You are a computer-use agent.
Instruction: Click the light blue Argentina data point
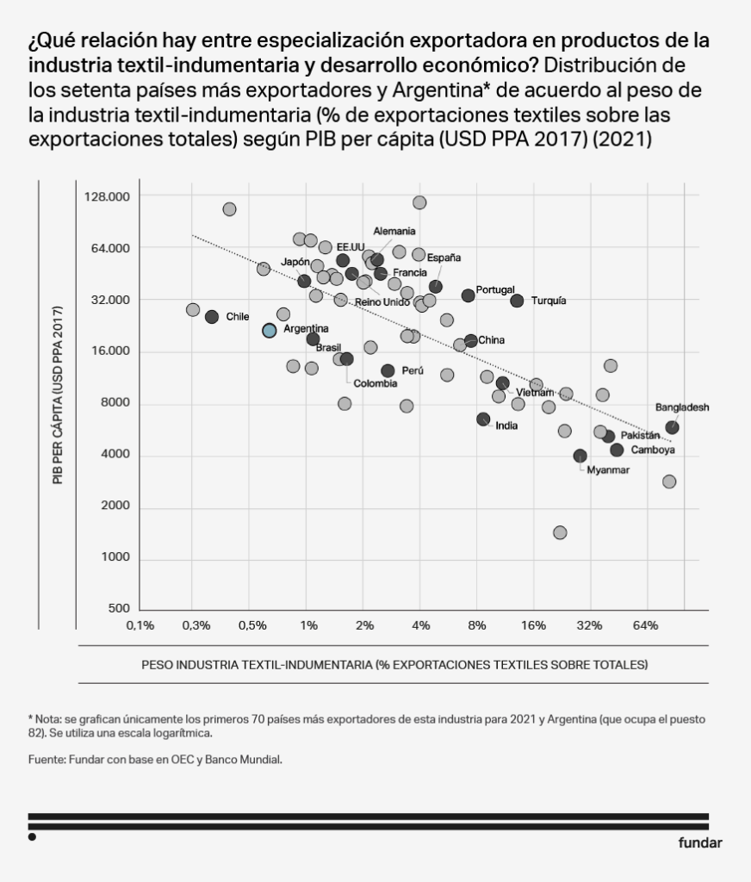[270, 330]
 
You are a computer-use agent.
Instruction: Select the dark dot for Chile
[212, 317]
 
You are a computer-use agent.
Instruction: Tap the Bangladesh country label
[682, 407]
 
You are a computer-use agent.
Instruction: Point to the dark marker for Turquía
[517, 301]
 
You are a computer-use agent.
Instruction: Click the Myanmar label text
[608, 470]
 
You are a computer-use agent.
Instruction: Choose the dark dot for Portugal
[469, 295]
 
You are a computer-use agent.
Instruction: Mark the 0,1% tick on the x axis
[140, 624]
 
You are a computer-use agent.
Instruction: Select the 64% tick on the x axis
[645, 624]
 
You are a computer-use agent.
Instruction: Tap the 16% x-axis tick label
[533, 624]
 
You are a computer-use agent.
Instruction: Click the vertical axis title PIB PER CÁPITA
[59, 394]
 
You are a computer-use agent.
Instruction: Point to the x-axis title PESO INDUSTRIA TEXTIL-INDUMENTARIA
[394, 665]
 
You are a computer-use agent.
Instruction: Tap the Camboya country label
[653, 450]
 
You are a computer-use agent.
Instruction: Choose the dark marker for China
[470, 341]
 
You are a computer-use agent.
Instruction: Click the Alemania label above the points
[394, 231]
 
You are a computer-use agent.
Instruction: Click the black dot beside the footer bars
[32, 836]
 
